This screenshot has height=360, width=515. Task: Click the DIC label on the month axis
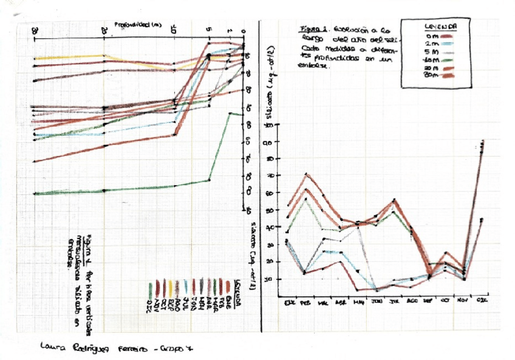[x=482, y=301]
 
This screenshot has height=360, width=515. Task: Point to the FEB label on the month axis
[x=305, y=301]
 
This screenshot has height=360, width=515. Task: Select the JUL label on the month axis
[x=394, y=301]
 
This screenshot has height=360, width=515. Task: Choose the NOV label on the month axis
[x=464, y=301]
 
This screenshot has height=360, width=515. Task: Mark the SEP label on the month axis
[x=429, y=301]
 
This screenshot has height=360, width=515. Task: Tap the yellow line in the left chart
[x=73, y=56]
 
